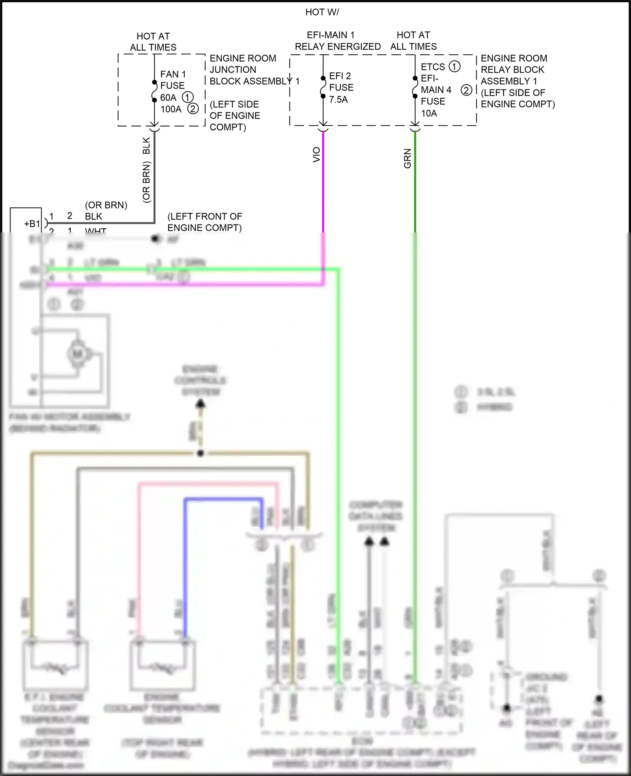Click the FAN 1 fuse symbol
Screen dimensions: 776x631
(154, 90)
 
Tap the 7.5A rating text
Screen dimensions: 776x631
(338, 100)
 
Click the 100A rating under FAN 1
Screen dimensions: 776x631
(170, 109)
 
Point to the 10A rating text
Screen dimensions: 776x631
(429, 113)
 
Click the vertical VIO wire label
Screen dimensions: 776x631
(316, 155)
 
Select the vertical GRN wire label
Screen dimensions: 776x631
(407, 158)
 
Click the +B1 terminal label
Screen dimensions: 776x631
(32, 224)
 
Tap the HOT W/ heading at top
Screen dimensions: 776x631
(322, 12)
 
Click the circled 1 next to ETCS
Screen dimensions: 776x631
(454, 66)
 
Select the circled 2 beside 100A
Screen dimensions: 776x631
(193, 109)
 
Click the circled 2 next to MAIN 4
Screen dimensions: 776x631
(466, 90)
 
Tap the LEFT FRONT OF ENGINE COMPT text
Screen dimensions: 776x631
(204, 222)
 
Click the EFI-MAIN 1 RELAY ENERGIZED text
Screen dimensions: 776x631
(337, 41)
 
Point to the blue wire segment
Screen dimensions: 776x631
(223, 500)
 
